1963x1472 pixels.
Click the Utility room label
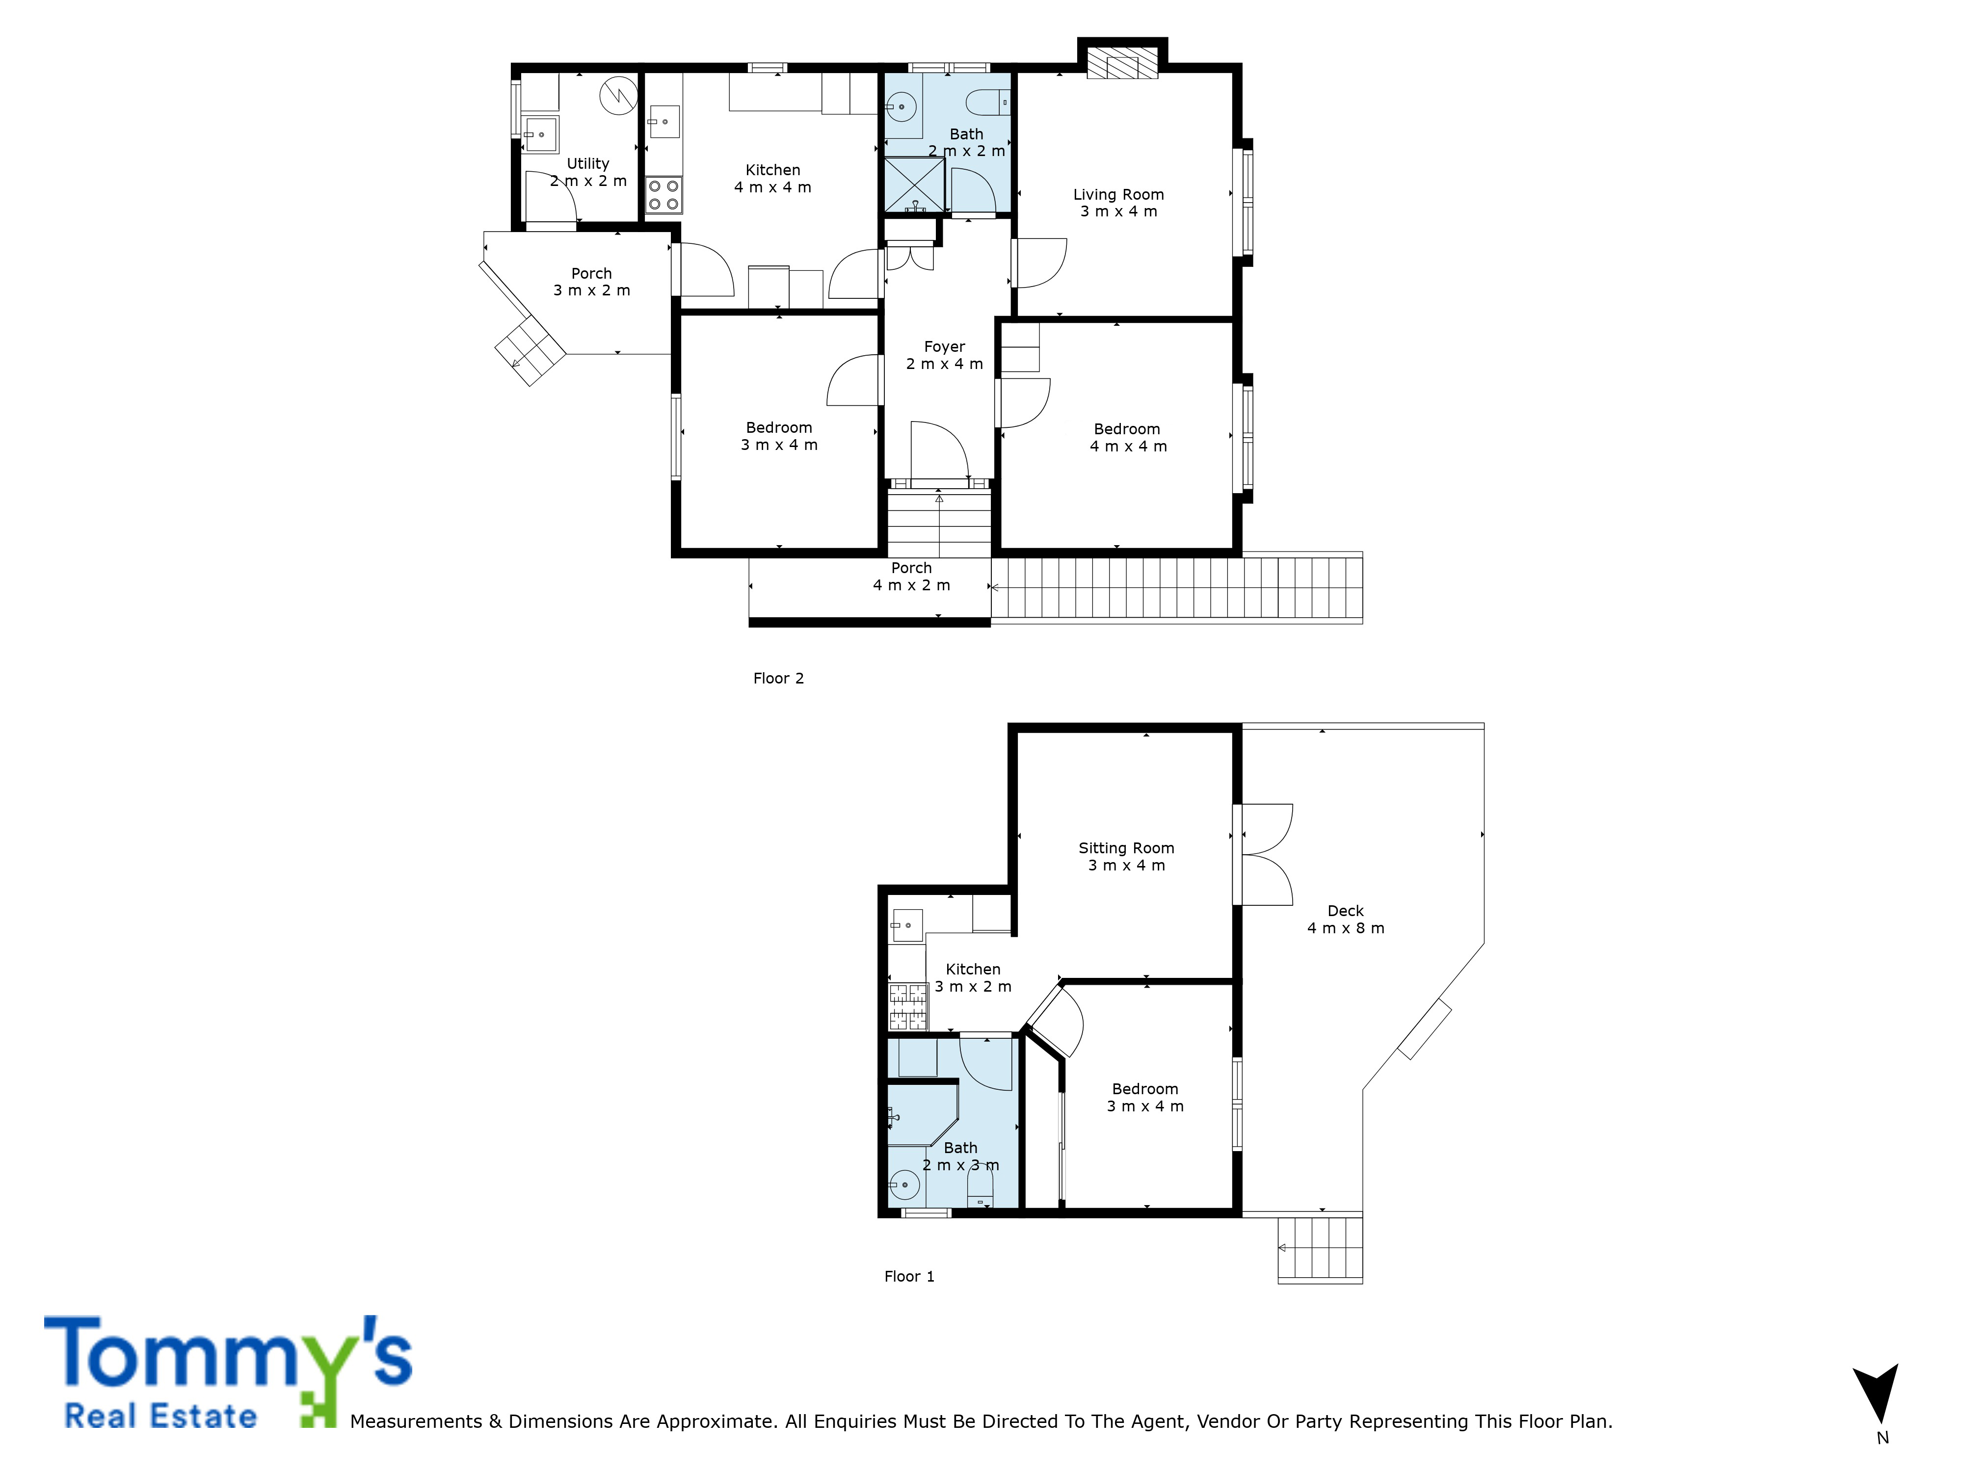(588, 172)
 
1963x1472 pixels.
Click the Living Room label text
(1118, 202)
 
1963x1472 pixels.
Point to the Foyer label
(944, 355)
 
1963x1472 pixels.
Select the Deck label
(1345, 919)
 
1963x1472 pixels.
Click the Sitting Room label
(1126, 856)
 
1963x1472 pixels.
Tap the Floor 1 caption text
(909, 1276)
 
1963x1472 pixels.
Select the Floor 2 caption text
(778, 678)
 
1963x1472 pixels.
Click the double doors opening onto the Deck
(1264, 854)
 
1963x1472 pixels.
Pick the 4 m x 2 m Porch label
(911, 576)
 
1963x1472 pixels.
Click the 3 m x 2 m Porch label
(592, 281)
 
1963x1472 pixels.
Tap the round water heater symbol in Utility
(618, 96)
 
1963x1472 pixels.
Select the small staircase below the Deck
(1320, 1248)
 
